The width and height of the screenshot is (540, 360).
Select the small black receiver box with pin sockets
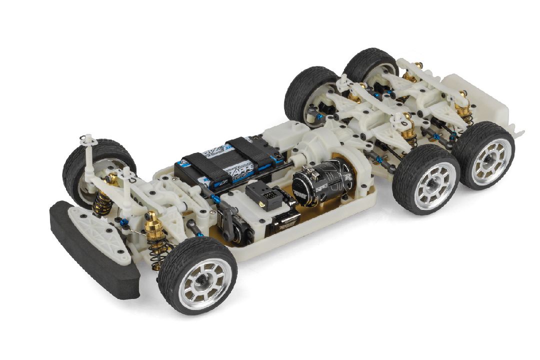(267, 195)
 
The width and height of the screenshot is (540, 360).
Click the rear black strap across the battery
(255, 150)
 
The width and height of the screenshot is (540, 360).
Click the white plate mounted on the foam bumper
(100, 230)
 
